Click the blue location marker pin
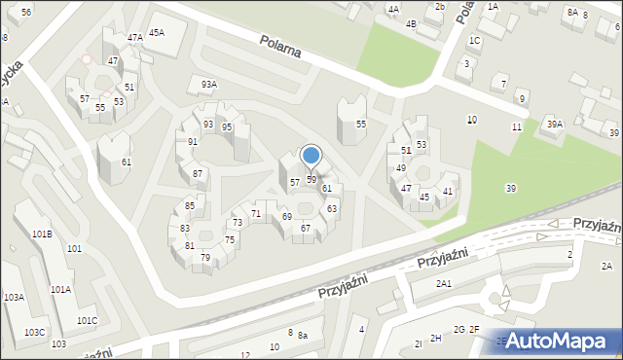311,157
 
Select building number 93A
209,85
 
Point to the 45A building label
156,32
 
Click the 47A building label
135,38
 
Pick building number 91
193,142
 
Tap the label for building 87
198,173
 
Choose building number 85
190,206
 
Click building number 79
205,258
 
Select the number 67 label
306,229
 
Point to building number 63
332,209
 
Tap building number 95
226,127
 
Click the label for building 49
400,168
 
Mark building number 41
448,192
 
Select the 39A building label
555,124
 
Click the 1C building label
474,41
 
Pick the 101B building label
42,234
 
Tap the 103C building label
34,333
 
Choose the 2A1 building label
444,284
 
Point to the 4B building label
411,24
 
